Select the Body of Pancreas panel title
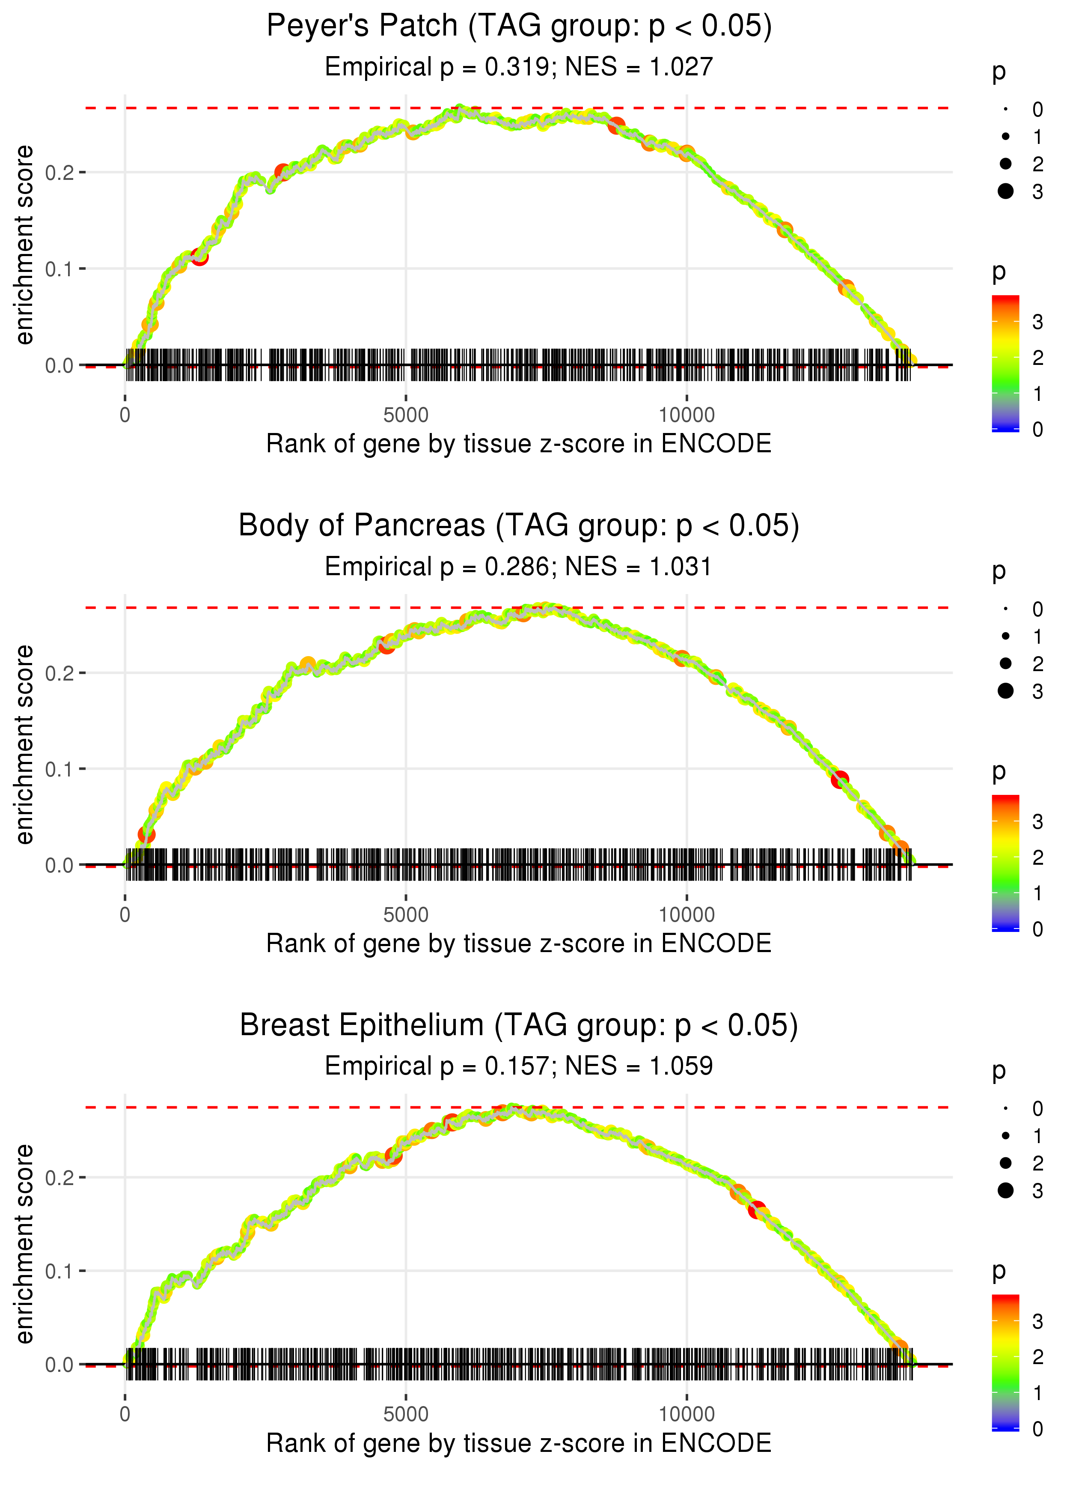point(519,526)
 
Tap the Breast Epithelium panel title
point(519,1025)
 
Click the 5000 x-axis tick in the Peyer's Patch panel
point(406,415)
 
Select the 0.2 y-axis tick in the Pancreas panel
point(59,673)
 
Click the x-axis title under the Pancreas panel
point(519,944)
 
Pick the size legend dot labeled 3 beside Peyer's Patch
point(1005,191)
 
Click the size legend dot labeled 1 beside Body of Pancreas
point(1005,636)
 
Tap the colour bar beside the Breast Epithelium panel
point(1005,1361)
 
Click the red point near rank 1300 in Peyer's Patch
point(199,257)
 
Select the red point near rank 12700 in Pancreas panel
point(839,780)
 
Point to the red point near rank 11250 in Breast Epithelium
point(757,1209)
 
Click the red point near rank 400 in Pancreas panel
point(146,835)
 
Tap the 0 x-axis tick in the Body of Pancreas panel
point(125,915)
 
